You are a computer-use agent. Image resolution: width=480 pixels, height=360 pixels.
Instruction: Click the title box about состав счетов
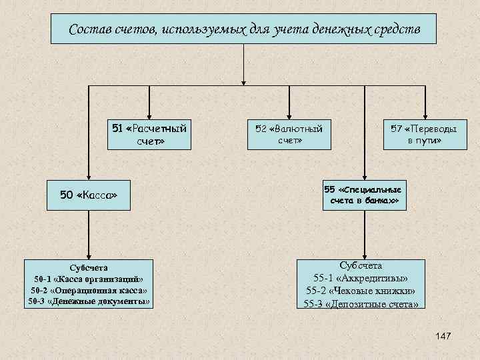click(x=245, y=29)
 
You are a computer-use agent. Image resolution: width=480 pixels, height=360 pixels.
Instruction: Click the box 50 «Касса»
click(x=89, y=196)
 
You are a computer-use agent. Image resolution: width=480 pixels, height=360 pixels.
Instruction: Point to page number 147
click(x=442, y=337)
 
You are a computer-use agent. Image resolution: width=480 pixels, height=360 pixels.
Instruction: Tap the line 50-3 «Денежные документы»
click(x=89, y=302)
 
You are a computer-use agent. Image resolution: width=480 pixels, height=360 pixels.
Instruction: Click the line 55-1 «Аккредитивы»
click(x=361, y=278)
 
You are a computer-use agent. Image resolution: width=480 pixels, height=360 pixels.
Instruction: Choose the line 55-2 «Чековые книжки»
click(x=361, y=291)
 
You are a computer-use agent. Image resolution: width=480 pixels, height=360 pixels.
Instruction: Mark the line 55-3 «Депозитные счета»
click(x=361, y=304)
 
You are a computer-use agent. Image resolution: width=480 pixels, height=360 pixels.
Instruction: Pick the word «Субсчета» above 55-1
click(x=361, y=265)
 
